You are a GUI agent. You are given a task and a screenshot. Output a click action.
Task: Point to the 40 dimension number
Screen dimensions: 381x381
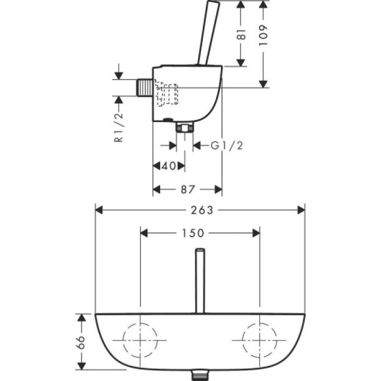[167, 166]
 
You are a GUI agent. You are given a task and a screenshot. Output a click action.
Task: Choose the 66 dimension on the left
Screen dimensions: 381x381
[80, 342]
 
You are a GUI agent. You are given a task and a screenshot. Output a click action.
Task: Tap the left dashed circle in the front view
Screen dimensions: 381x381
[141, 341]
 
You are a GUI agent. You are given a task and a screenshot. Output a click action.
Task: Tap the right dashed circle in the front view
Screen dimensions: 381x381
[259, 341]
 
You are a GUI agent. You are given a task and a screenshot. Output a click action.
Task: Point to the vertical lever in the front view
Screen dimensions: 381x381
[200, 284]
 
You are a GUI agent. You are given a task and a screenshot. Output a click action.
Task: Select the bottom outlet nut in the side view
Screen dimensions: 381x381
[185, 127]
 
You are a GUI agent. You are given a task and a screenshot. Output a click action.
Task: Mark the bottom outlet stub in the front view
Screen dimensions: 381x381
[200, 375]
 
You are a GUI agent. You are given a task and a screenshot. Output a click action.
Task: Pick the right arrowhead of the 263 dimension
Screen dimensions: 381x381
[301, 209]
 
